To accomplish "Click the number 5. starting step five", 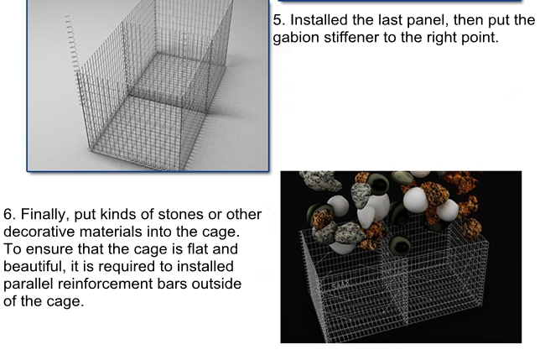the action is pyautogui.click(x=279, y=20).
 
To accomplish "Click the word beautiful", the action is pyautogui.click(x=34, y=267).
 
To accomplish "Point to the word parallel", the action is pyautogui.click(x=29, y=284).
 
